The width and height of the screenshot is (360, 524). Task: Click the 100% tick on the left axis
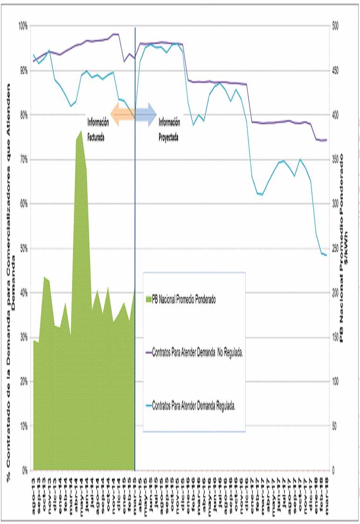click(22, 26)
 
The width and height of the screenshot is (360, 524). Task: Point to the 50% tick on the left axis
click(23, 248)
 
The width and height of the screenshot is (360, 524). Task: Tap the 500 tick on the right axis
click(335, 26)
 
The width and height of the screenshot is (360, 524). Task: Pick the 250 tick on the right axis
click(335, 248)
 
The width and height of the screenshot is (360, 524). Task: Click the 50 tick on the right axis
click(334, 426)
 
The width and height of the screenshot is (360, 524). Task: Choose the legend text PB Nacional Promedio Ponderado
click(184, 299)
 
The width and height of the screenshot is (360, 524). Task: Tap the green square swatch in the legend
click(149, 299)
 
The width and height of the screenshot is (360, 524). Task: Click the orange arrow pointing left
click(122, 114)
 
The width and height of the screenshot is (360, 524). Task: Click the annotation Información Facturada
click(98, 130)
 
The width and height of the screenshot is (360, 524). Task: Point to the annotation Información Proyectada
click(168, 130)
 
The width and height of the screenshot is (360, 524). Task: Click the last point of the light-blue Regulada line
click(326, 255)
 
